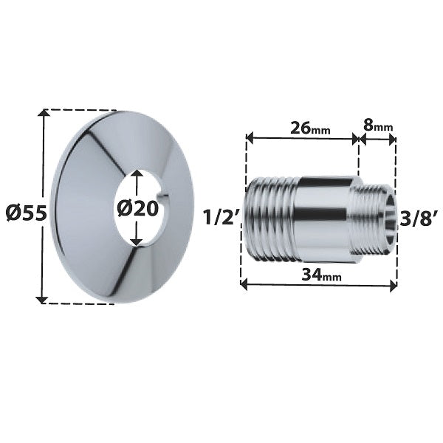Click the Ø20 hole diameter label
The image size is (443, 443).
pyautogui.click(x=138, y=209)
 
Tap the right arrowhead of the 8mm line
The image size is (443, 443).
pyautogui.click(x=393, y=138)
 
